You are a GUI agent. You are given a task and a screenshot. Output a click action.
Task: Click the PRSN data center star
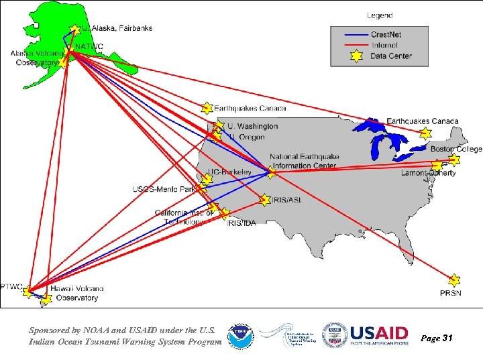point(454,280)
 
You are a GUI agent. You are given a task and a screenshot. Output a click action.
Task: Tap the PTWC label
point(11,286)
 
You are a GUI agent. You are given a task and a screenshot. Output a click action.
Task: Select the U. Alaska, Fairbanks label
point(117,28)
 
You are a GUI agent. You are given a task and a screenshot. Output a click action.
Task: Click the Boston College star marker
point(454,160)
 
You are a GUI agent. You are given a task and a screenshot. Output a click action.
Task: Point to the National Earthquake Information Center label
point(304,161)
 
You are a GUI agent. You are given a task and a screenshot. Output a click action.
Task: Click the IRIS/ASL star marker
point(265,200)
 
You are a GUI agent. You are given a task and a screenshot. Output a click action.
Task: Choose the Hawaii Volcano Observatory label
point(76,293)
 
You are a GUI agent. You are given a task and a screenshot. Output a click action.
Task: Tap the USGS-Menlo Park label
point(164,189)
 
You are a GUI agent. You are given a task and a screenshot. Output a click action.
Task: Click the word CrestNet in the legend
point(388,34)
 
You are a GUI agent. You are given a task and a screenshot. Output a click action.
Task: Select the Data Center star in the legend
point(356,56)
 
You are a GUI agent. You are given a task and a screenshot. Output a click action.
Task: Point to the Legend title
point(380,15)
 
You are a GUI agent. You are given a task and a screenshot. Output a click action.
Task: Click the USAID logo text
point(379,333)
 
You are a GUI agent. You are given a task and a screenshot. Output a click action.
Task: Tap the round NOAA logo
point(241,337)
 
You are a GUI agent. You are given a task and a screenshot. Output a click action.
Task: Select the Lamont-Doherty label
point(429,173)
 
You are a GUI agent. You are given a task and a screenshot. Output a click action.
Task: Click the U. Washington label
point(252,126)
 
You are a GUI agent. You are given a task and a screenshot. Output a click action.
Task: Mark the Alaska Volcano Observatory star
point(62,62)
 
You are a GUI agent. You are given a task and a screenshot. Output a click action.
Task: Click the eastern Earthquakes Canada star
point(424,133)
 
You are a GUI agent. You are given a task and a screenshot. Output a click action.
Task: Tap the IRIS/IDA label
point(241,223)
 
